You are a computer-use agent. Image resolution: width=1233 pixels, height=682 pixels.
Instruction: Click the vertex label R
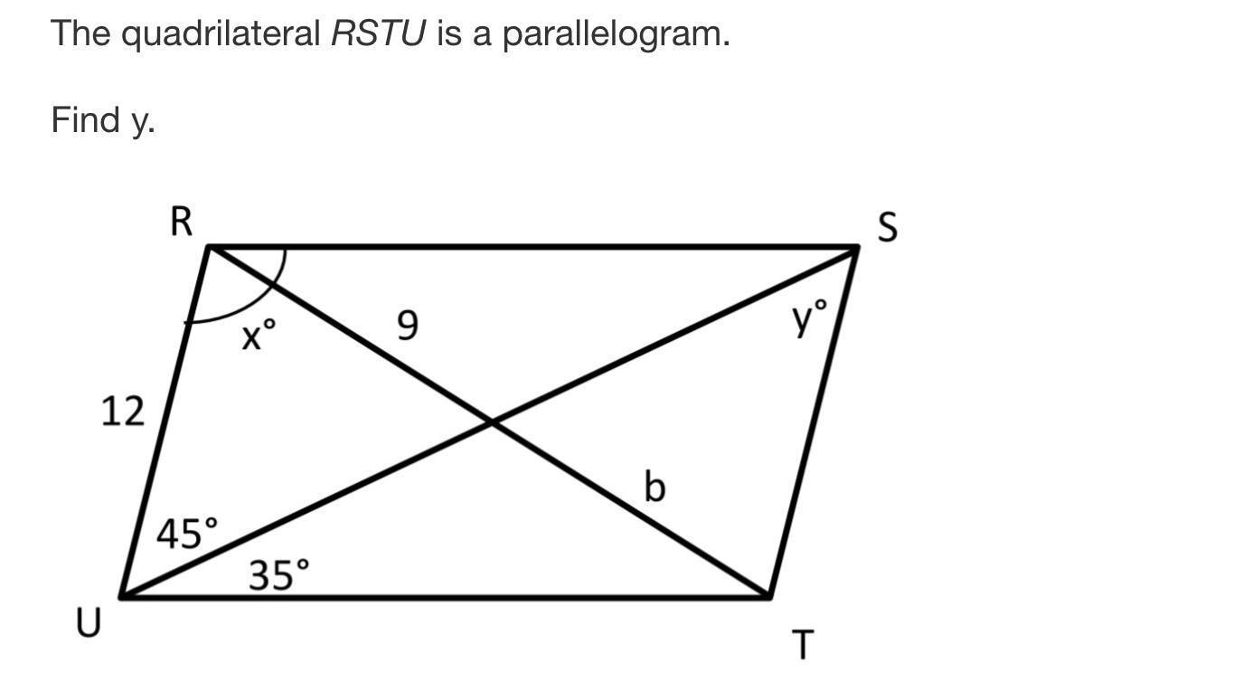click(x=181, y=222)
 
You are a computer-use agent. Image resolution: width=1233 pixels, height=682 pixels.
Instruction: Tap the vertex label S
click(x=888, y=227)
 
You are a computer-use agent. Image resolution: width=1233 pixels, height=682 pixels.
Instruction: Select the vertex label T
click(x=803, y=646)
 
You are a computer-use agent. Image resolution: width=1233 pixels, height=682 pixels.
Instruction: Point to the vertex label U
click(x=88, y=623)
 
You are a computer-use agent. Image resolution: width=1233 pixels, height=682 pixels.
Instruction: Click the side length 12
click(x=122, y=412)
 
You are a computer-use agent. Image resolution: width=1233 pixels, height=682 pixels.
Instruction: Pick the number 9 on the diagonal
click(x=408, y=326)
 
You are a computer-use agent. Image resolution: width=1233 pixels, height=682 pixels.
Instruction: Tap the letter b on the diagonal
click(x=654, y=487)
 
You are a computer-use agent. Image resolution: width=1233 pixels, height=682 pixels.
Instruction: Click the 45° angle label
click(x=187, y=534)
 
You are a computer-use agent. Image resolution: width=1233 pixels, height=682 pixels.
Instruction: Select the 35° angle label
click(x=278, y=574)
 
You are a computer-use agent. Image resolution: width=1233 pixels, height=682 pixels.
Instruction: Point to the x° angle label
click(x=258, y=337)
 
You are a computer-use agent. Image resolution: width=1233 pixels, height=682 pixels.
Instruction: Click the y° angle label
click(x=810, y=317)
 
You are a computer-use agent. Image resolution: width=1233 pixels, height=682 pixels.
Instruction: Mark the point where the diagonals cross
click(x=491, y=422)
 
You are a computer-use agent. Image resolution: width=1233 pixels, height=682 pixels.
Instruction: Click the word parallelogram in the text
click(x=616, y=34)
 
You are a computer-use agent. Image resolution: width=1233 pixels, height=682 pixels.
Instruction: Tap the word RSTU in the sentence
click(x=378, y=34)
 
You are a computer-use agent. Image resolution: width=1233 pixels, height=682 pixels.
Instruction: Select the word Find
click(x=86, y=119)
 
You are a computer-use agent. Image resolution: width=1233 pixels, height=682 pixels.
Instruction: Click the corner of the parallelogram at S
click(x=857, y=247)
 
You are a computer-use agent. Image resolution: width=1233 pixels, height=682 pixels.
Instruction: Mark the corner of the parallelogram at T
click(x=769, y=596)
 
